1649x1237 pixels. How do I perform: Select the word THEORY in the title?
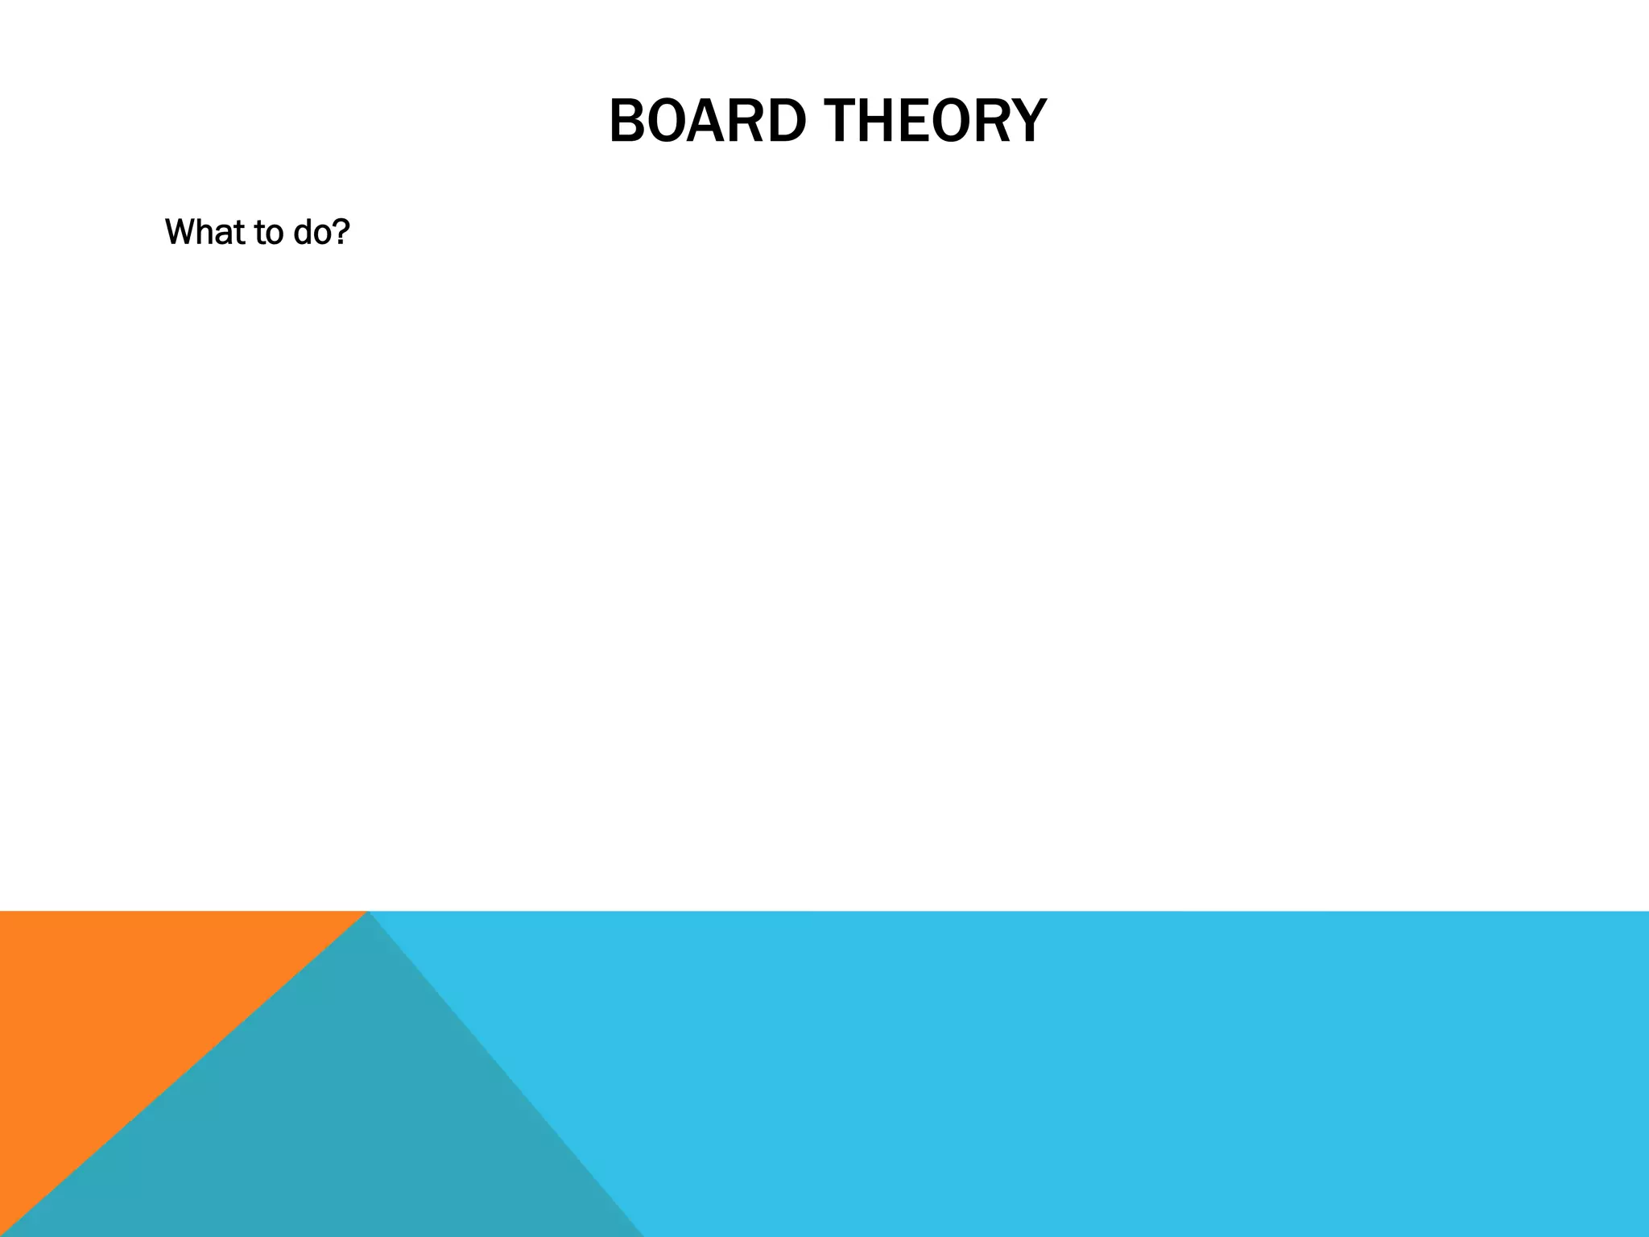pyautogui.click(x=938, y=122)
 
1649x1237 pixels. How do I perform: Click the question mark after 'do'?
pyautogui.click(x=341, y=232)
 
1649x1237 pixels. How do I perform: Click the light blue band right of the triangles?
pyautogui.click(x=1127, y=1071)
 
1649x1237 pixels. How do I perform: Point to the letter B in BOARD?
pyautogui.click(x=626, y=122)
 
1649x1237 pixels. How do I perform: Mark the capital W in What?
pyautogui.click(x=179, y=232)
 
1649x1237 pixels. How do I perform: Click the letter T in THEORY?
pyautogui.click(x=847, y=122)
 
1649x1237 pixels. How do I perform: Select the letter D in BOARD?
pyautogui.click(x=787, y=122)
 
